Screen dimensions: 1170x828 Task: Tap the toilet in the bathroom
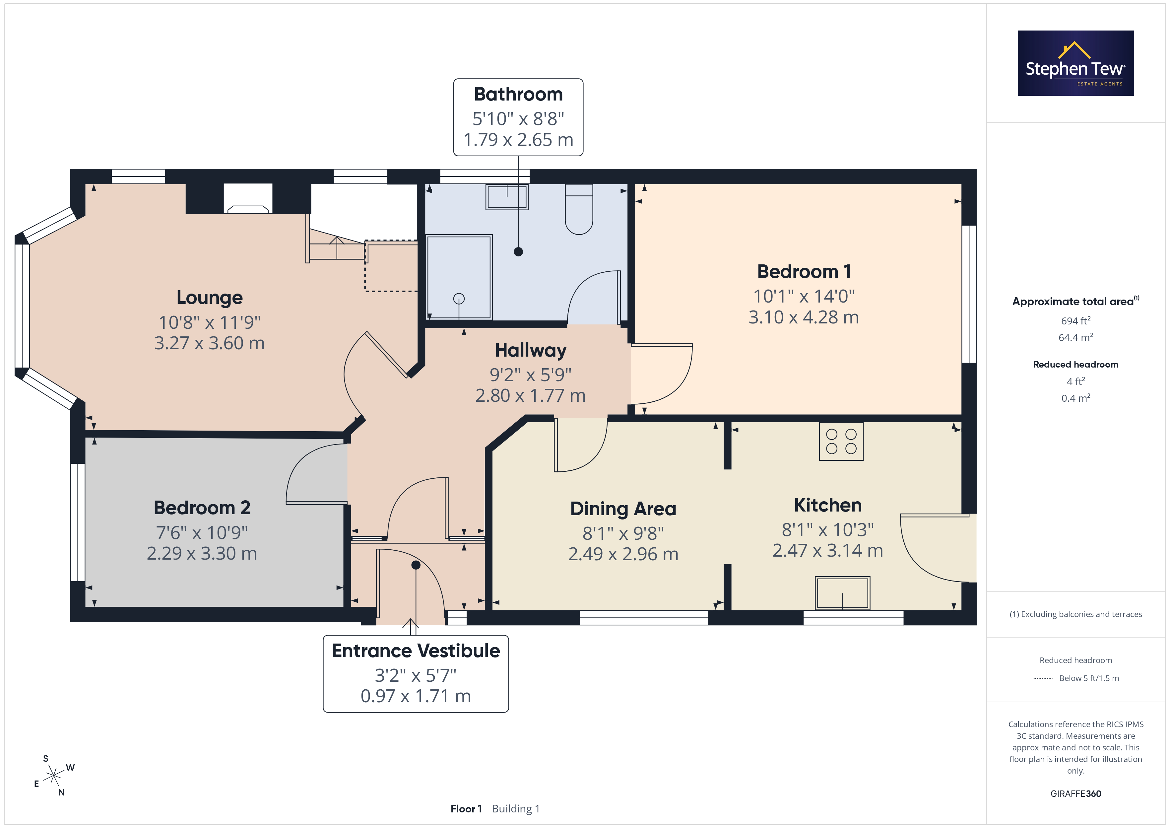579,209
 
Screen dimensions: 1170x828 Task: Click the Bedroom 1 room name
804,271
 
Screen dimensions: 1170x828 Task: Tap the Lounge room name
210,298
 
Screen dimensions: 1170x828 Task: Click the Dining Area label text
623,509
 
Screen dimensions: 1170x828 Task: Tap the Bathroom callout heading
518,94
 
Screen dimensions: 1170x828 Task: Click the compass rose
53,776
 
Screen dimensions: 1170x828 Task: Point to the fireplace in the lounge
248,198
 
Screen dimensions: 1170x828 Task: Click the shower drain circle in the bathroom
459,299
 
